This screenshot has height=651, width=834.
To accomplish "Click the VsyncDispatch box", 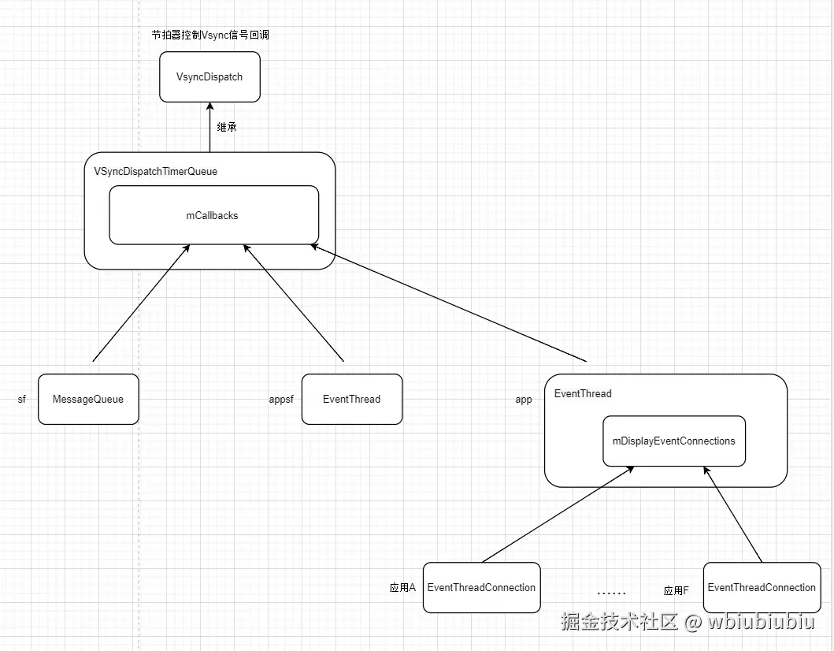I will point(209,77).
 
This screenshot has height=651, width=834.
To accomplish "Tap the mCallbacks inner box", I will point(213,215).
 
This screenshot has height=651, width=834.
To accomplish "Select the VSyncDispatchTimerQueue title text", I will point(155,171).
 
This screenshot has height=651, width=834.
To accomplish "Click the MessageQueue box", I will point(88,399).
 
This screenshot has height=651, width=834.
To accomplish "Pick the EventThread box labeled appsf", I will point(351,399).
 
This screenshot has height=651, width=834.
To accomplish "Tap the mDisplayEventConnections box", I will point(673,441).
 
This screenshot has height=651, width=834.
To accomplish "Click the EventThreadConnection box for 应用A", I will point(481,587).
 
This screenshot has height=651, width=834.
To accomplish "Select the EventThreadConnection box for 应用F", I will point(762,587).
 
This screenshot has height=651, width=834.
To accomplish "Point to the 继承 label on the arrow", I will point(227,127).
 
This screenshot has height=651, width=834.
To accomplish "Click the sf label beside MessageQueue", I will point(22,400).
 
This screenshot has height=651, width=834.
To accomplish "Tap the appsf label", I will point(281,400).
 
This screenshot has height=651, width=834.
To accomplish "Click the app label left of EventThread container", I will point(524,400).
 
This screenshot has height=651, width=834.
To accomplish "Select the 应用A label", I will point(402,588).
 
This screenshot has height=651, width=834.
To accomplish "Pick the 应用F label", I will point(676,590).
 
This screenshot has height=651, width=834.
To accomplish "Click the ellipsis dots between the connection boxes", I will point(611,593).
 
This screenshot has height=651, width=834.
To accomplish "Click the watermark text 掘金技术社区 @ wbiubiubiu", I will point(688,622).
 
